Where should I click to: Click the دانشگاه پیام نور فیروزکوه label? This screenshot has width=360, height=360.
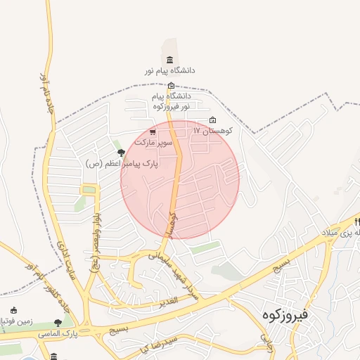click(x=170, y=100)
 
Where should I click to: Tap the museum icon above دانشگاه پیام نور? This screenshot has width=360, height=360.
click(x=169, y=60)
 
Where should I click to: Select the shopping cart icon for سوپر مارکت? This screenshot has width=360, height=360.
click(x=153, y=131)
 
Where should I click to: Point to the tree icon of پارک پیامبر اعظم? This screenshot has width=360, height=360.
click(x=121, y=152)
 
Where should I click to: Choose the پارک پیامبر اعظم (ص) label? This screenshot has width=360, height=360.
click(x=121, y=163)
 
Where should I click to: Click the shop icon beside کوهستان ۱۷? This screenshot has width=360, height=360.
click(x=213, y=120)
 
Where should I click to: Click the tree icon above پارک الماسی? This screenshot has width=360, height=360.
click(x=58, y=322)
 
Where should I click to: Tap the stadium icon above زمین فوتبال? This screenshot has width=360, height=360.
click(x=13, y=310)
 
